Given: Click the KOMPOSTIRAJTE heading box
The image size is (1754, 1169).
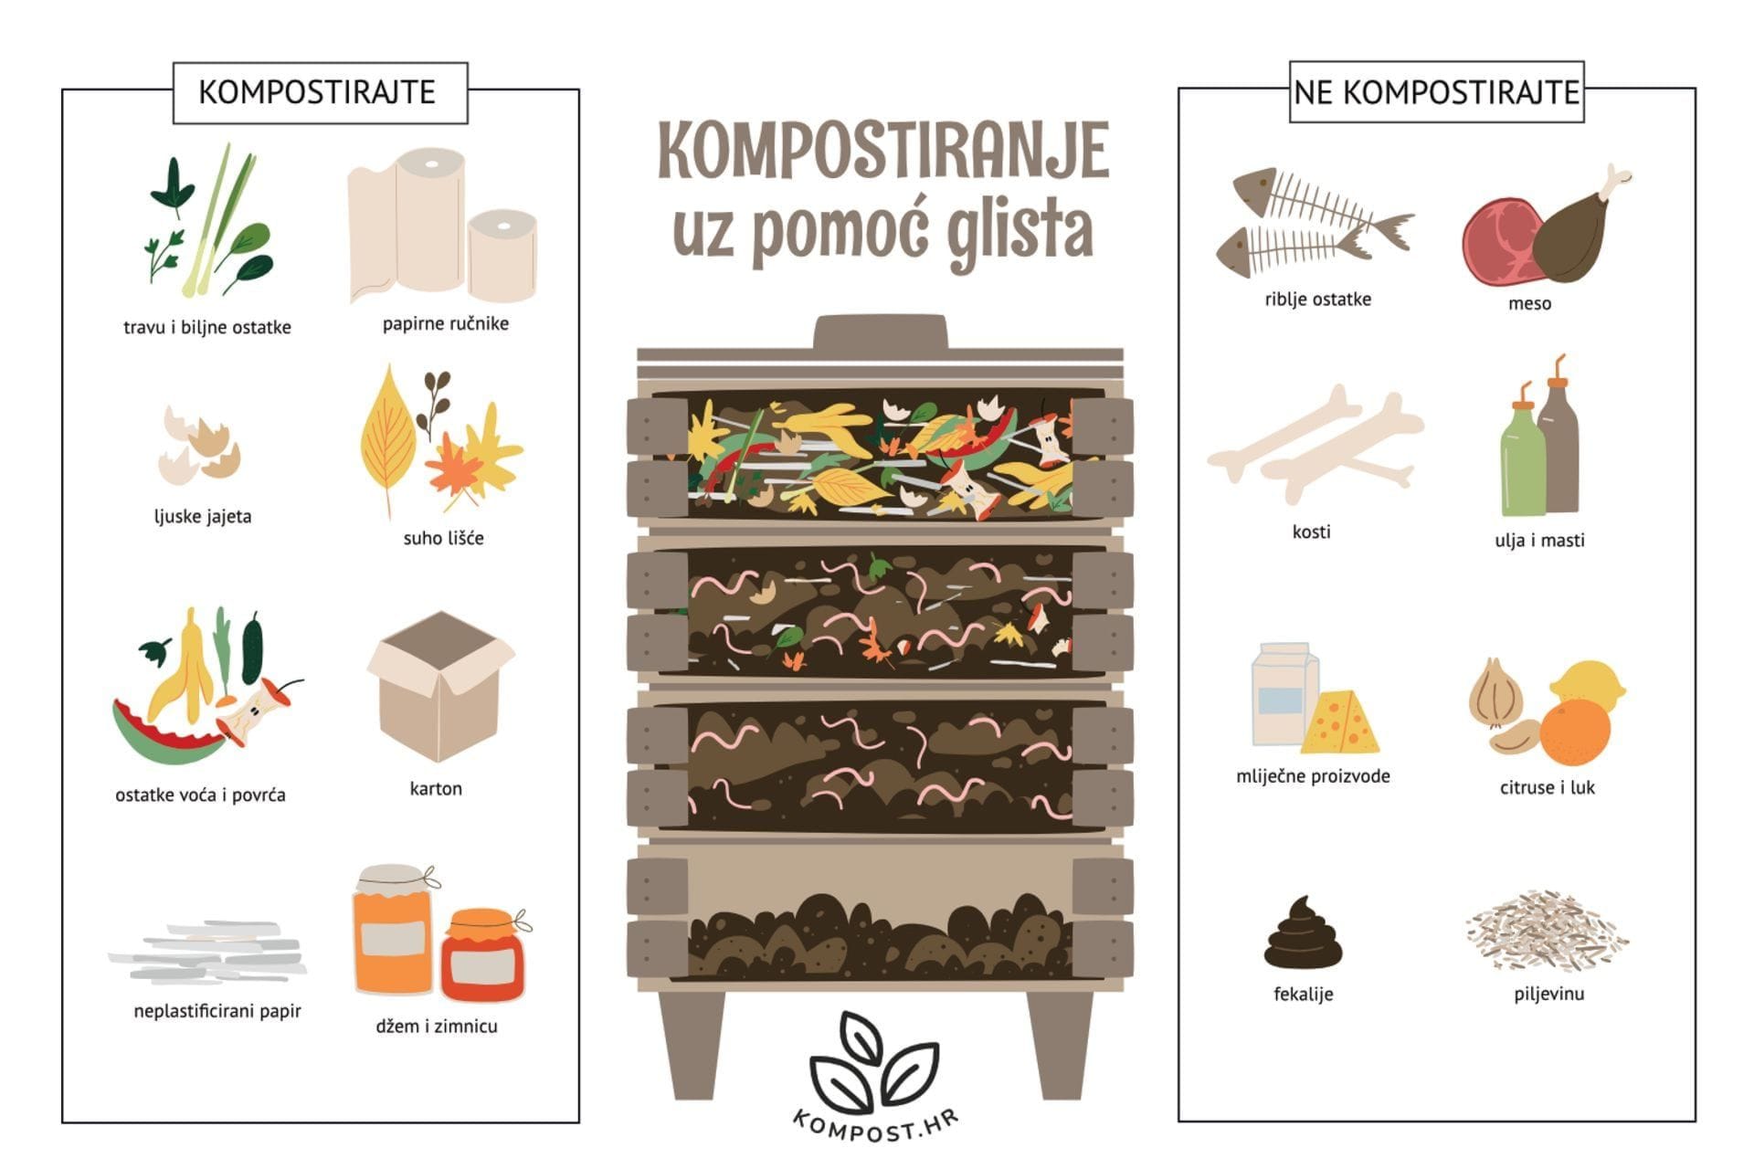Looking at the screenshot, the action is (320, 92).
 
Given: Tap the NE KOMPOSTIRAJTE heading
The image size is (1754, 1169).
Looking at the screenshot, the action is (1436, 92).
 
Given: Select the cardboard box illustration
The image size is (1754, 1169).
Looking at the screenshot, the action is (441, 686).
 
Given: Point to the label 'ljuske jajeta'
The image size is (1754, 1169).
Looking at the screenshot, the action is (203, 517).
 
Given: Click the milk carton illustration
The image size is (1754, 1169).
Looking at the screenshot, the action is (1283, 693).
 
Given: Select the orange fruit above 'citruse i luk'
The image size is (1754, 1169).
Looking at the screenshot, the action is (1574, 732).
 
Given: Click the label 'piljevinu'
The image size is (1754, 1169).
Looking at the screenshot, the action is (1549, 994).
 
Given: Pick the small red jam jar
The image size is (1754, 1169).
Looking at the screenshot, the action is (484, 954).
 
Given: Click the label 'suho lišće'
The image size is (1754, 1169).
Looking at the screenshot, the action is (444, 539).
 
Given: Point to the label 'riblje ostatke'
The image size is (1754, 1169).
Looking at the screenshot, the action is (1317, 300).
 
